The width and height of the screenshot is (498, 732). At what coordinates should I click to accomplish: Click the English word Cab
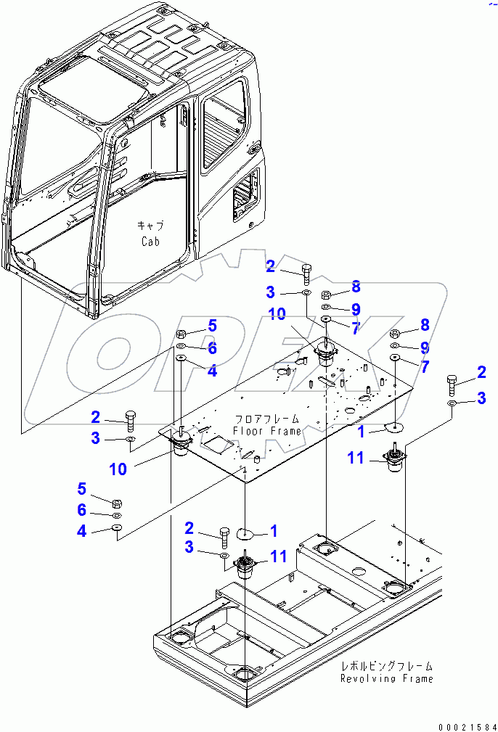[150, 241]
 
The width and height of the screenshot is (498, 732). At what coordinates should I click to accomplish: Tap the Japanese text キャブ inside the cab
[150, 226]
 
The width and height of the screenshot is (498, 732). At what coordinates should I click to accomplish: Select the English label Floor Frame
[267, 431]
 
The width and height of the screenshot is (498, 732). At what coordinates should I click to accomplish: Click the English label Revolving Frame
[387, 678]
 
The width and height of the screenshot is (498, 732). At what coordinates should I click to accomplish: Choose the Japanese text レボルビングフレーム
[388, 666]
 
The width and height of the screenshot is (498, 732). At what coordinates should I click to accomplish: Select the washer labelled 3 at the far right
[451, 403]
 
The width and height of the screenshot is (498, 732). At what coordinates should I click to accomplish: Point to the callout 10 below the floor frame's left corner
[118, 469]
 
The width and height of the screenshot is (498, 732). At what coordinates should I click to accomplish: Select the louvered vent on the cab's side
[242, 193]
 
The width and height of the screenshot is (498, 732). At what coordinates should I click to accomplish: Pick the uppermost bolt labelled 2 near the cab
[306, 273]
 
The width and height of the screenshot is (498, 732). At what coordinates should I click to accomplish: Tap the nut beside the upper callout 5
[181, 334]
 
